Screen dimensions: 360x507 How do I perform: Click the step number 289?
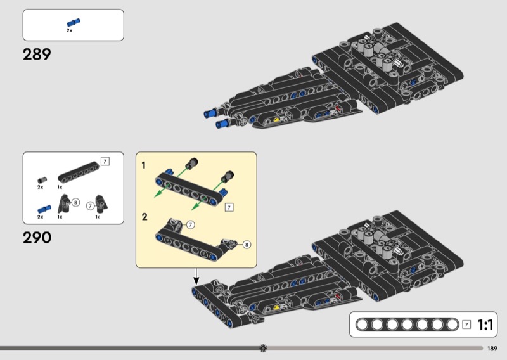[37, 55]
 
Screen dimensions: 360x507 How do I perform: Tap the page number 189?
[492, 348]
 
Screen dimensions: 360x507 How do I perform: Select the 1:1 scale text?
[485, 325]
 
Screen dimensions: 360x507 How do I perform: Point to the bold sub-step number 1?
[144, 165]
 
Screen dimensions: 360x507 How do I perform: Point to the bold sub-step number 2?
[144, 217]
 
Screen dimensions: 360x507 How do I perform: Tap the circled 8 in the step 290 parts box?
[75, 203]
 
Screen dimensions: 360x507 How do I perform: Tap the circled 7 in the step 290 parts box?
[90, 205]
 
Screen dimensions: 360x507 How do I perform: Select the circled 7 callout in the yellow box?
[189, 224]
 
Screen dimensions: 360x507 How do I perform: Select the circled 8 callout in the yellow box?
[247, 243]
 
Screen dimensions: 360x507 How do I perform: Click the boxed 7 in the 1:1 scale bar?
[466, 325]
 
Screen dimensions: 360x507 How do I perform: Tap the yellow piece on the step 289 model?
[277, 118]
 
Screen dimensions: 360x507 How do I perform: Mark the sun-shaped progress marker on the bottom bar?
[264, 348]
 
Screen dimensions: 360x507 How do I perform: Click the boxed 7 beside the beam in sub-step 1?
[229, 207]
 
